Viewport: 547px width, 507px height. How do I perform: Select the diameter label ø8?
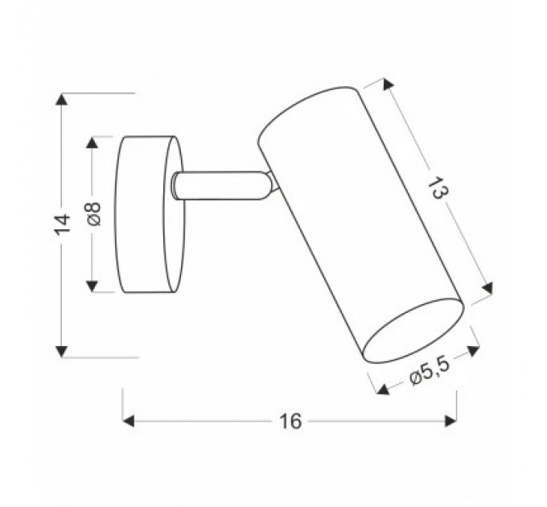pyautogui.click(x=93, y=214)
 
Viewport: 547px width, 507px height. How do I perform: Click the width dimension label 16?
pyautogui.click(x=290, y=421)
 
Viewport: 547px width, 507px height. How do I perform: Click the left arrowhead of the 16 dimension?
pyautogui.click(x=129, y=421)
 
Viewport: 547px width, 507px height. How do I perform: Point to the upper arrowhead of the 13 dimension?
pyautogui.click(x=389, y=84)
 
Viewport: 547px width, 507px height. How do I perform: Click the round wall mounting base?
pyautogui.click(x=150, y=216)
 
